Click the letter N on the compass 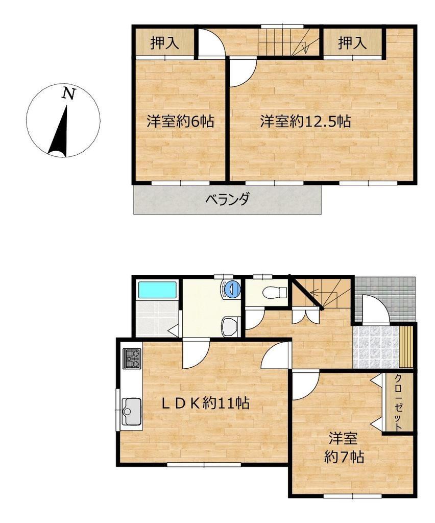(x=69, y=93)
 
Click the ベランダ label (x=227, y=200)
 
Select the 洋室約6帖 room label (x=180, y=121)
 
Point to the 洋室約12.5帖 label (x=305, y=121)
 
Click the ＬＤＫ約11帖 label (x=206, y=403)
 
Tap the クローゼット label (x=398, y=402)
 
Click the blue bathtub (x=157, y=290)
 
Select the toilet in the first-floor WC (x=275, y=293)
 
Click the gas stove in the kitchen (x=132, y=359)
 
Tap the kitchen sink (x=132, y=412)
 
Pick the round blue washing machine (x=232, y=289)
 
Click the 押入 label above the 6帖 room (x=165, y=43)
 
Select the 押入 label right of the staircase (x=353, y=43)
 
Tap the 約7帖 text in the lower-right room (x=344, y=457)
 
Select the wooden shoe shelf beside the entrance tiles (x=406, y=347)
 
